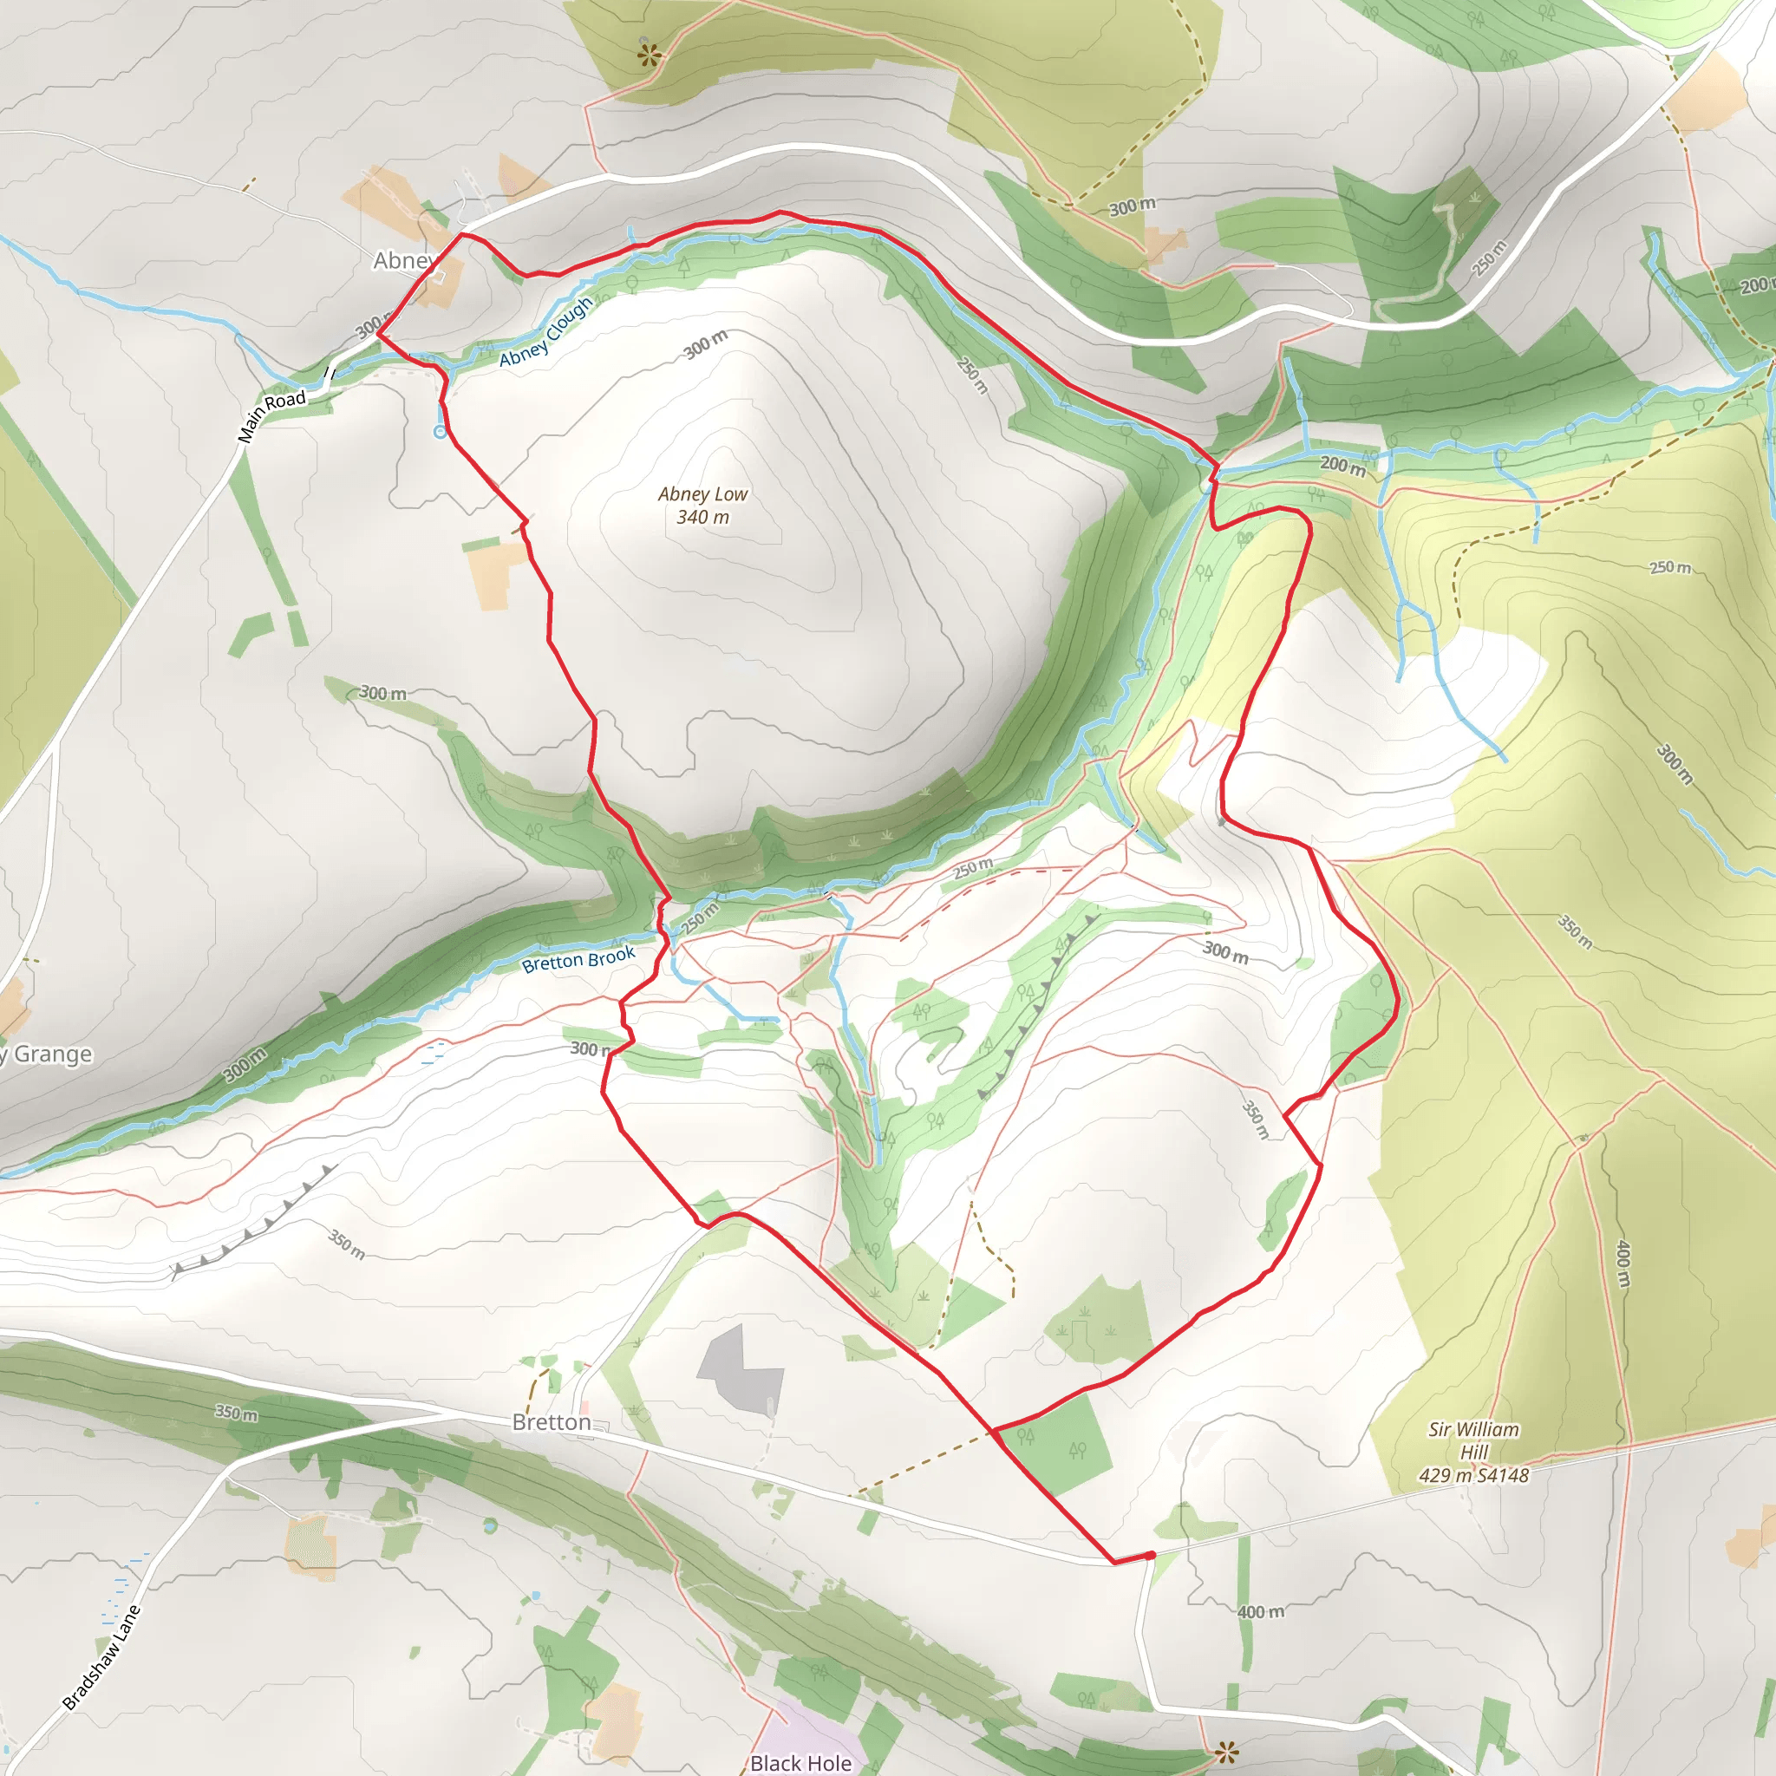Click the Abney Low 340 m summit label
tap(702, 506)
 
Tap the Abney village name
tap(402, 261)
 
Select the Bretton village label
tap(552, 1422)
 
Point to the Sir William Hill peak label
tap(1473, 1453)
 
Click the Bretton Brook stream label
tap(578, 960)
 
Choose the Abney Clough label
tap(546, 333)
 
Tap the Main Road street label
tap(271, 415)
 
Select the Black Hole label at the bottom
tap(800, 1762)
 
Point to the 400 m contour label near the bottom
tap(1260, 1611)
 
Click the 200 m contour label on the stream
tap(1343, 465)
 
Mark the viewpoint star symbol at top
tap(649, 55)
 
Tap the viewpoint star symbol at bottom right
tap(1225, 1751)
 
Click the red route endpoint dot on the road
tap(1151, 1555)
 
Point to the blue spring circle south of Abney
tap(441, 432)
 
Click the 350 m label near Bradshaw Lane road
tap(236, 1413)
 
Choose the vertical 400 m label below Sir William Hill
tap(1623, 1265)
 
